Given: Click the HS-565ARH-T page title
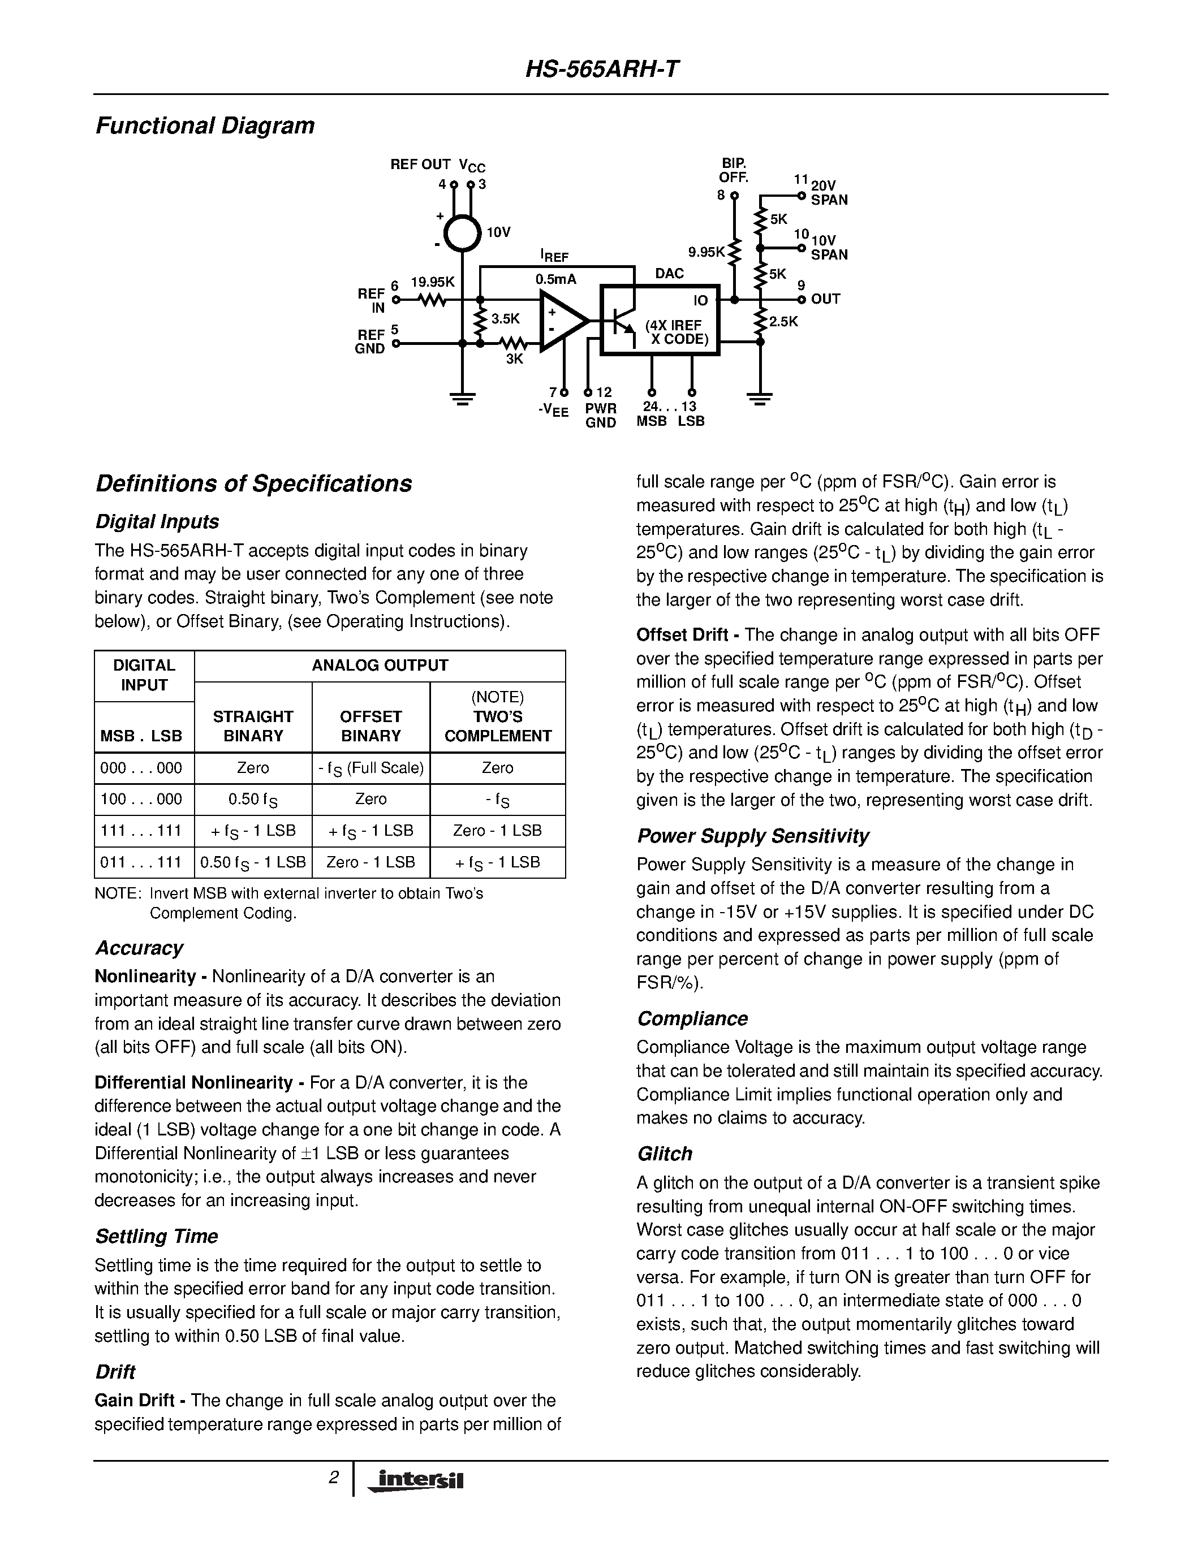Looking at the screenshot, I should click(x=602, y=70).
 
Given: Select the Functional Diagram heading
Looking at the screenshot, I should click(x=205, y=126).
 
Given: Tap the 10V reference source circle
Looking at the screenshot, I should click(x=462, y=233).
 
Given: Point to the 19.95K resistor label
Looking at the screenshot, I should click(x=432, y=283).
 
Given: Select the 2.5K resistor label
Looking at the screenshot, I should click(x=783, y=322).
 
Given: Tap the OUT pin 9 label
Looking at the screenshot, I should click(x=825, y=299).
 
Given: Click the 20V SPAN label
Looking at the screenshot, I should click(x=829, y=193).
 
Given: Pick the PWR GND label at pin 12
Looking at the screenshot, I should click(x=600, y=416).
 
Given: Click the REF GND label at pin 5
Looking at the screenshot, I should click(x=370, y=342).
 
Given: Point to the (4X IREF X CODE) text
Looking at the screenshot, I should click(x=676, y=332).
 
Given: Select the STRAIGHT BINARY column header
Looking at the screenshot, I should click(x=253, y=726).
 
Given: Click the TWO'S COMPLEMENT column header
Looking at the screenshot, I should click(x=498, y=726).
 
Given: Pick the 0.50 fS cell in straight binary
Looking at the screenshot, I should click(x=253, y=800).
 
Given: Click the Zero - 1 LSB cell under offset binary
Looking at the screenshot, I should click(x=370, y=862).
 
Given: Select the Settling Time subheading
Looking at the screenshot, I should click(x=157, y=1237).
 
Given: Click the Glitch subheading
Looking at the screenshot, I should click(x=665, y=1154).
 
